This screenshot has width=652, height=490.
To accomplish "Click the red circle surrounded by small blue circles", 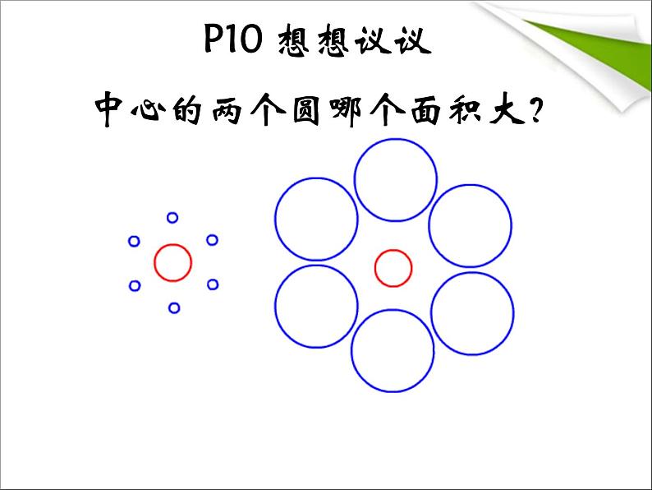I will [173, 263].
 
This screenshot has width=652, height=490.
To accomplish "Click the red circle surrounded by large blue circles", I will [393, 268].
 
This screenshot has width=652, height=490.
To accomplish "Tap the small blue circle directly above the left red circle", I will [172, 218].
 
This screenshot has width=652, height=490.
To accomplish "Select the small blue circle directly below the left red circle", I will [174, 308].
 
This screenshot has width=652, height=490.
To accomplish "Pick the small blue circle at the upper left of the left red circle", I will [135, 241].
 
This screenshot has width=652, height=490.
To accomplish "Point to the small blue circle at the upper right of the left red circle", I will [212, 240].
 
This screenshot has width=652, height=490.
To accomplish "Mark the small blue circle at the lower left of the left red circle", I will [135, 286].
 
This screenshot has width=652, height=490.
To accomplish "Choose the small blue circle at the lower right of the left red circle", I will [213, 284].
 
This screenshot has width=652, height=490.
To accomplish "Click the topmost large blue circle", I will [395, 180].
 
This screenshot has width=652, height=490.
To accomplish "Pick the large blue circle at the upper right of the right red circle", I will [471, 225].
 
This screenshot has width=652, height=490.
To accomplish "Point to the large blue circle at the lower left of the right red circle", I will [316, 306].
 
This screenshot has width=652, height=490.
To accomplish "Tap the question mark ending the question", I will [536, 110].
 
